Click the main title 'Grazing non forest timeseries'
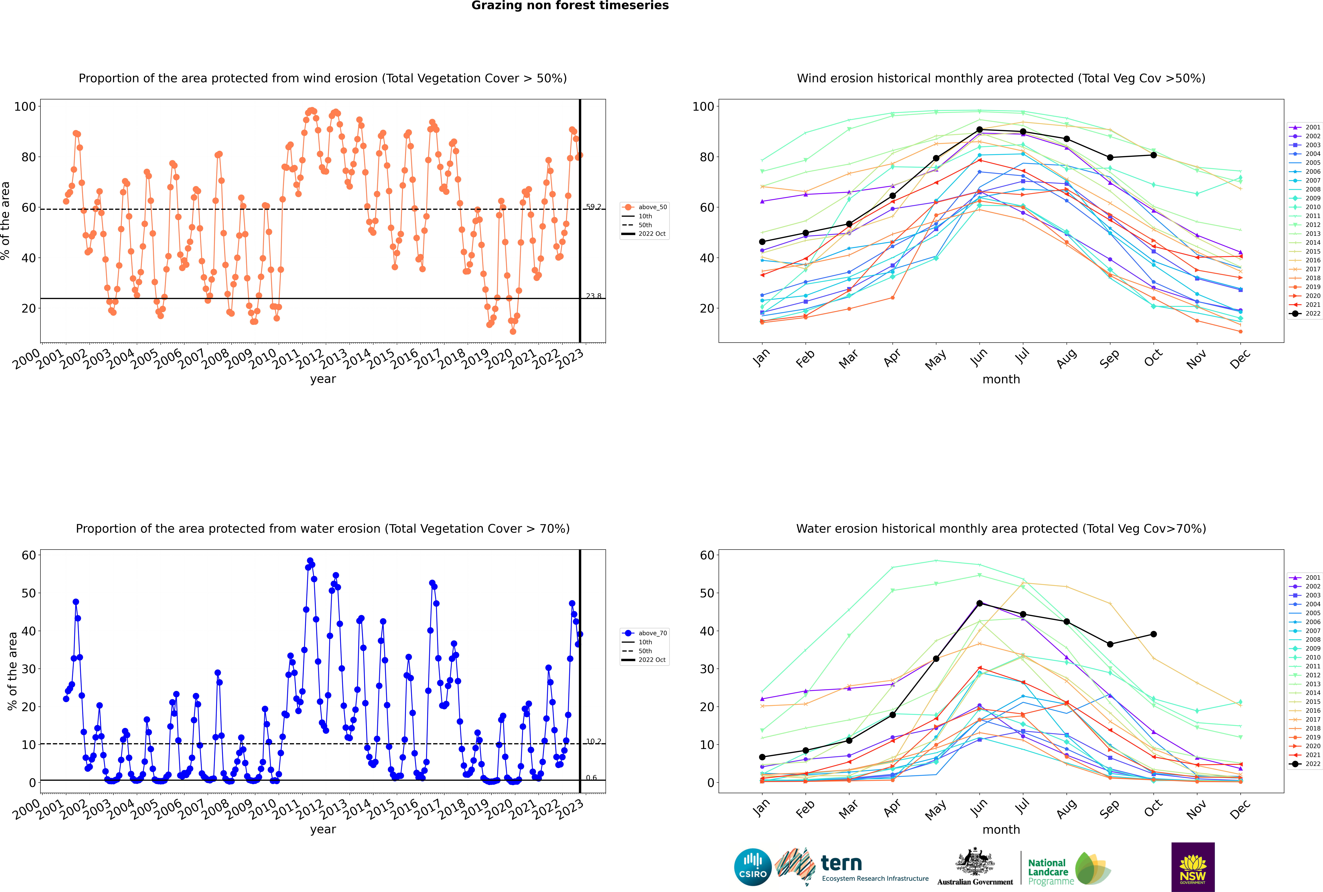(x=570, y=6)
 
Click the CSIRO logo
(x=752, y=867)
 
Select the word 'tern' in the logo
(x=841, y=864)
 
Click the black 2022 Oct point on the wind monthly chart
(x=1153, y=155)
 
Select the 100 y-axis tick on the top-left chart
(x=25, y=106)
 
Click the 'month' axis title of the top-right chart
(x=1001, y=380)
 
